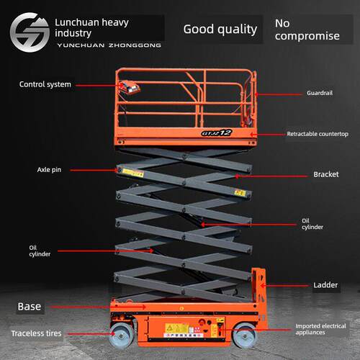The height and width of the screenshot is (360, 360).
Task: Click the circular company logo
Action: tap(30, 32)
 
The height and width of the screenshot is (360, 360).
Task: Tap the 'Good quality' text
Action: tap(220, 30)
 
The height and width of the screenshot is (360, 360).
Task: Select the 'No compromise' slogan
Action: tap(307, 30)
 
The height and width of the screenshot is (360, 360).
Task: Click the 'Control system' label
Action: tap(45, 84)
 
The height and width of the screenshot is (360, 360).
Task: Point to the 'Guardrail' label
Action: tap(320, 93)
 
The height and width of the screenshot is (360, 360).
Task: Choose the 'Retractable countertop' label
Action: tap(318, 134)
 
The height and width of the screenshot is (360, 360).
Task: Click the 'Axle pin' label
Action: tap(49, 170)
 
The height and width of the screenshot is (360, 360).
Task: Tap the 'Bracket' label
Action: tap(326, 174)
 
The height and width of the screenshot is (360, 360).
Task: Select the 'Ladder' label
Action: tap(325, 285)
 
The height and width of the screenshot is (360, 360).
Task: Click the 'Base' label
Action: tap(30, 307)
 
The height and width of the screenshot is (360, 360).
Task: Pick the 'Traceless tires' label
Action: tap(37, 333)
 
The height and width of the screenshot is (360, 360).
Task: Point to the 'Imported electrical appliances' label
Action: tap(320, 329)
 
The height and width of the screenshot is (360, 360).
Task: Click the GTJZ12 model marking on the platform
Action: tap(217, 132)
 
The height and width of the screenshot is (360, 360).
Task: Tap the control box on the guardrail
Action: tap(130, 87)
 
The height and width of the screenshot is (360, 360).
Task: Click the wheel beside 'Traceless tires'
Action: tap(121, 336)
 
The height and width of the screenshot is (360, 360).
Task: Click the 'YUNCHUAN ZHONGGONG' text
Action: tap(109, 45)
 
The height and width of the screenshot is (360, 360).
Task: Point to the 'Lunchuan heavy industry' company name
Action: tap(91, 27)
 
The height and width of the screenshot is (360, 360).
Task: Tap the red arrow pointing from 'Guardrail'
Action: tap(279, 94)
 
